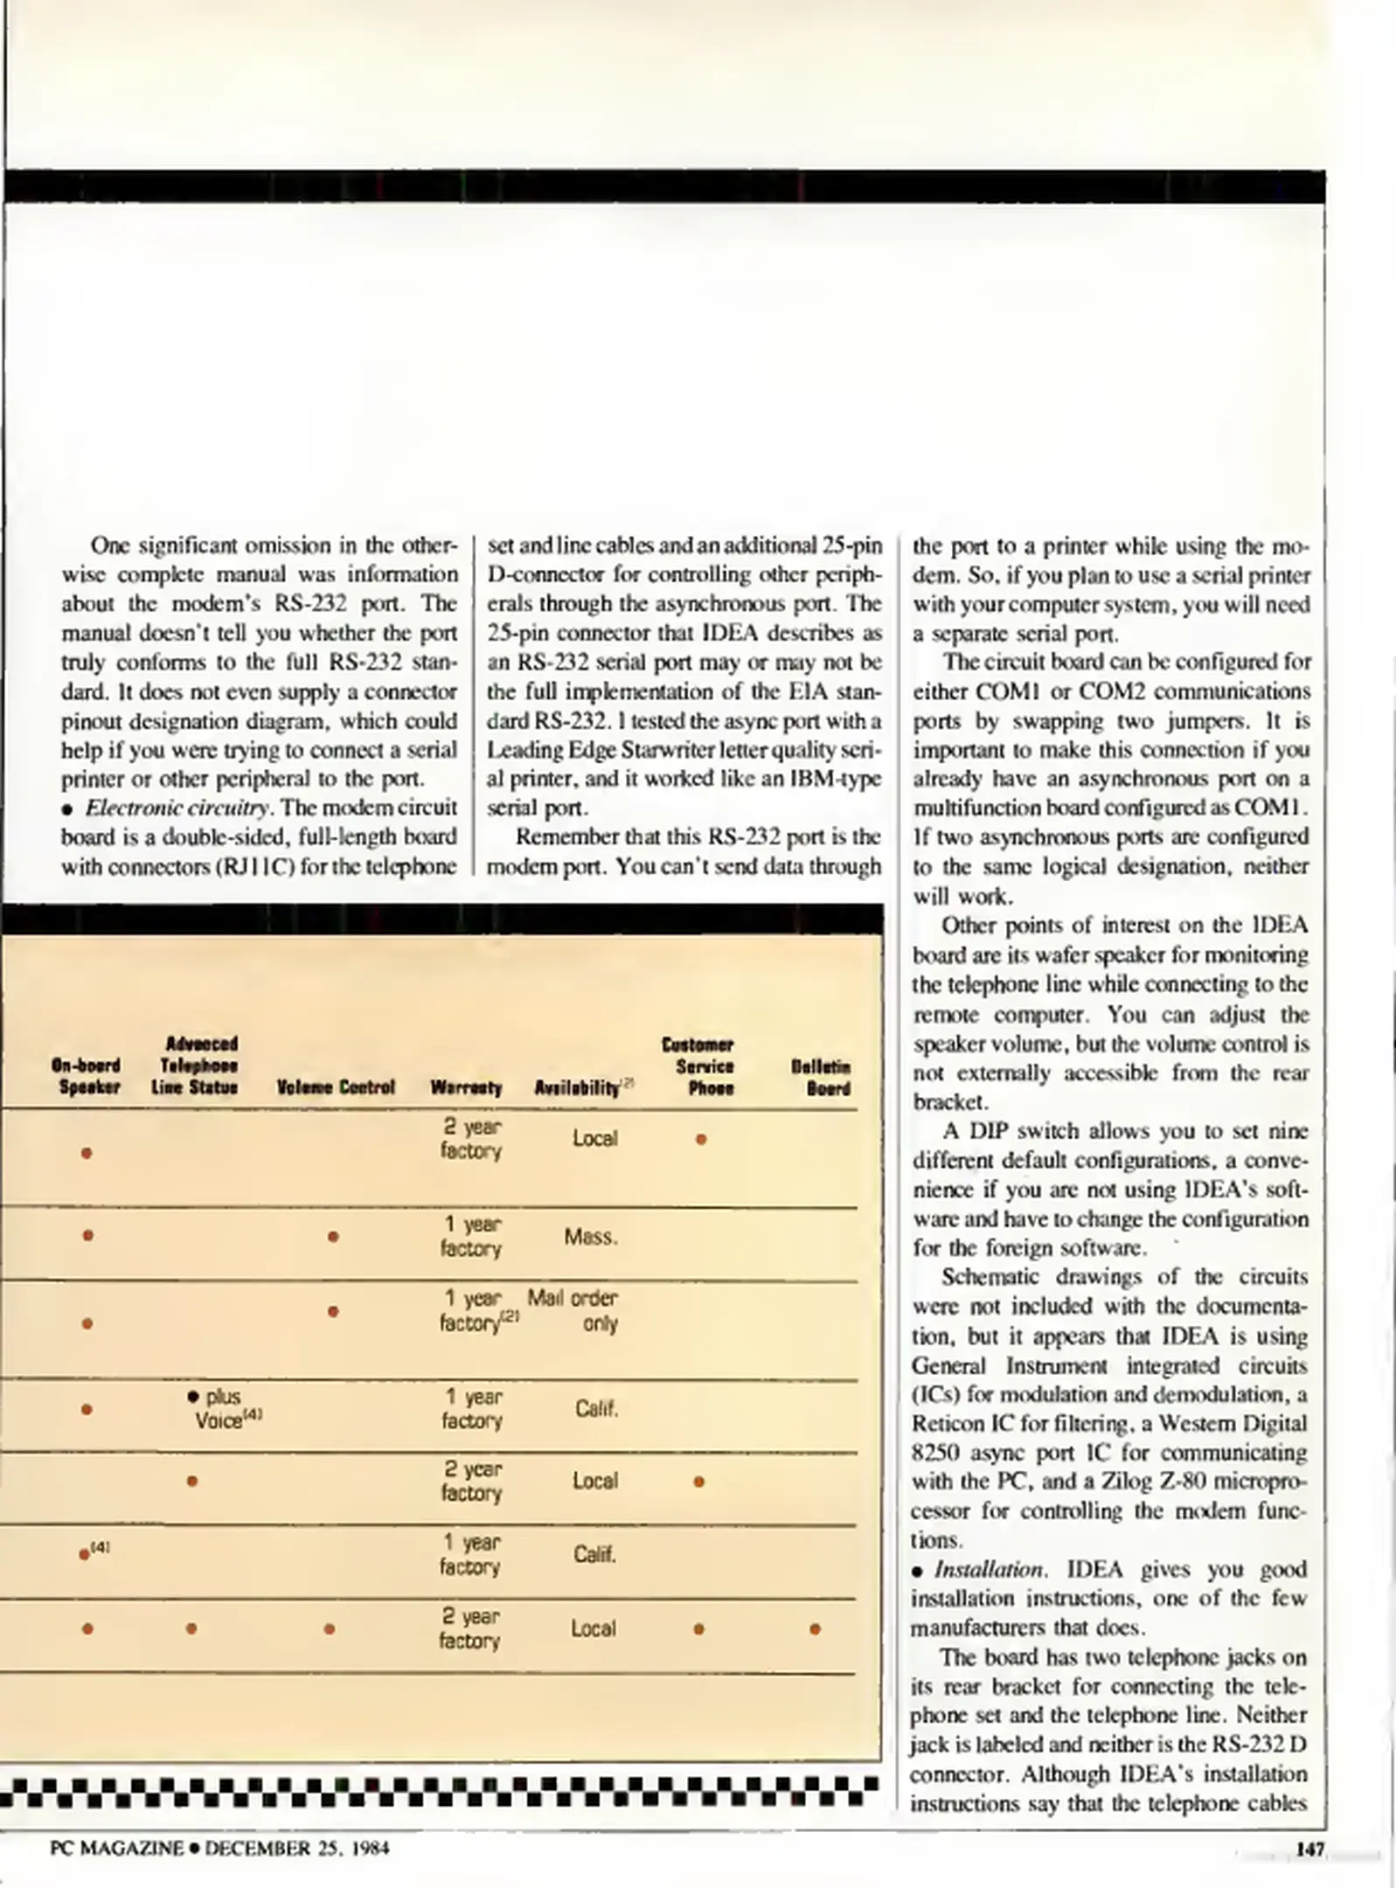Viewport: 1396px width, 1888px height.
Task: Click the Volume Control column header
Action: pyautogui.click(x=336, y=1087)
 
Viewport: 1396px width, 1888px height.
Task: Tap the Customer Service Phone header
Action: pyautogui.click(x=698, y=1065)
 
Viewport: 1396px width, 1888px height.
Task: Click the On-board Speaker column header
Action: pyautogui.click(x=86, y=1076)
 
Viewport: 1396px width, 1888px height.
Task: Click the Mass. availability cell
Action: pyautogui.click(x=591, y=1237)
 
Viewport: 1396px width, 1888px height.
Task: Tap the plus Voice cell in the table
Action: pyautogui.click(x=222, y=1408)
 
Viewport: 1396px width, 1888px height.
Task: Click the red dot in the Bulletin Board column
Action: pyautogui.click(x=815, y=1628)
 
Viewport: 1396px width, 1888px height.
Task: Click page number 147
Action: pyautogui.click(x=1309, y=1849)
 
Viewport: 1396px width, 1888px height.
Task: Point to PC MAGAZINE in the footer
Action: pyautogui.click(x=117, y=1848)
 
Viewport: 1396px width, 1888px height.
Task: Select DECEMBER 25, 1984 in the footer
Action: pyautogui.click(x=297, y=1848)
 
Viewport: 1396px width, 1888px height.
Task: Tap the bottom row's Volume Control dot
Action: pyautogui.click(x=329, y=1628)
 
